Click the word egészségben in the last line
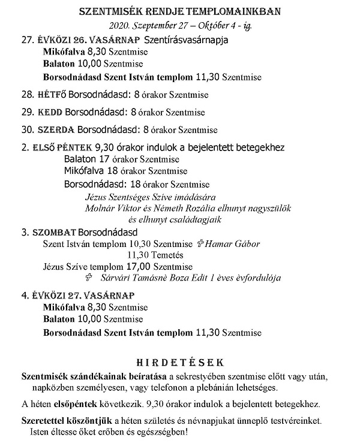coord(160,430)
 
